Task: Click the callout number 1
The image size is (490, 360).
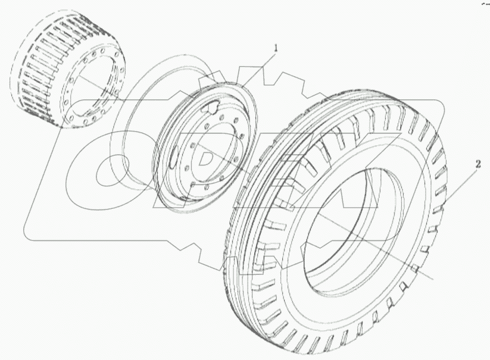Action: click(275, 48)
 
